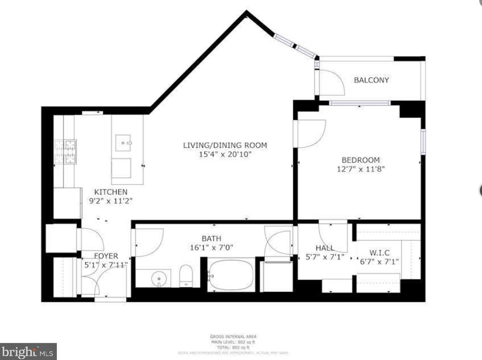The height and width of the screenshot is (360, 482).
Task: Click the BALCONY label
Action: pos(371,80)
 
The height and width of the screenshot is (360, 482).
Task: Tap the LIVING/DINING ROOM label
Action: pos(225,145)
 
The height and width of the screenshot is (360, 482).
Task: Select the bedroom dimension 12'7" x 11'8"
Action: pos(361,169)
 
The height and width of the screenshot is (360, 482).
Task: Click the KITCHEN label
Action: pos(111,192)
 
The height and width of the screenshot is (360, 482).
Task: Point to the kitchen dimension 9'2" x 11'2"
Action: pos(111,201)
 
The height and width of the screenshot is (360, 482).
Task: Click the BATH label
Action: pos(211,238)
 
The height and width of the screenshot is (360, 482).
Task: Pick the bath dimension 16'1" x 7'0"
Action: pos(211,248)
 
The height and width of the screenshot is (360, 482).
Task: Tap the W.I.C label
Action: pos(379,253)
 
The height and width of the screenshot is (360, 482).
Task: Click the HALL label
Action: pos(324,248)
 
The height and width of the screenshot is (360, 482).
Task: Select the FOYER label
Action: pos(106,256)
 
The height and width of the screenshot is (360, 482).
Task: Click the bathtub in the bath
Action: pos(231,276)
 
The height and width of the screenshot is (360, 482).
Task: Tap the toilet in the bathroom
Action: pos(186,275)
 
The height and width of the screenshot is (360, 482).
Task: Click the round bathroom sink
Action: pos(159,279)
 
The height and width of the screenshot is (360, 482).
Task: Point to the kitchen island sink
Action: pos(123,143)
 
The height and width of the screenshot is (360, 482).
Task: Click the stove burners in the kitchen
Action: pos(65,152)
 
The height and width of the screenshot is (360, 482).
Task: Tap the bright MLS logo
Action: pos(28,352)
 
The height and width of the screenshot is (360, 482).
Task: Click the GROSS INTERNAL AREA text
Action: pos(233,336)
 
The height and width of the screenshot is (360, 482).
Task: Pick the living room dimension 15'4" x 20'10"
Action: pos(225,155)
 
